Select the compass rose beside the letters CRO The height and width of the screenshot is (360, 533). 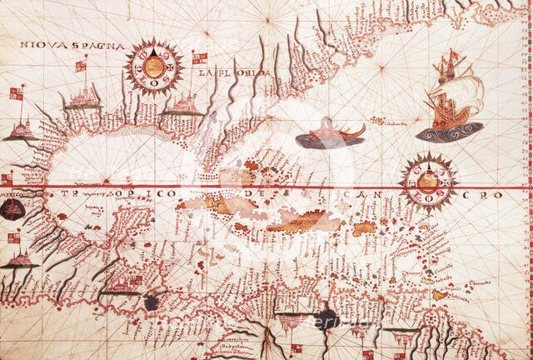(x=428, y=181)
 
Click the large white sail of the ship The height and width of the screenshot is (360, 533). (x=466, y=94)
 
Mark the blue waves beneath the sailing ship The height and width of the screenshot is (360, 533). (x=449, y=131)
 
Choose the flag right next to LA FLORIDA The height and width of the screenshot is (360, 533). (x=200, y=58)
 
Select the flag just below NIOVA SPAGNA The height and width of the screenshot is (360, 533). (x=82, y=64)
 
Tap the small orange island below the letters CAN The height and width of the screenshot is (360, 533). (x=365, y=227)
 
